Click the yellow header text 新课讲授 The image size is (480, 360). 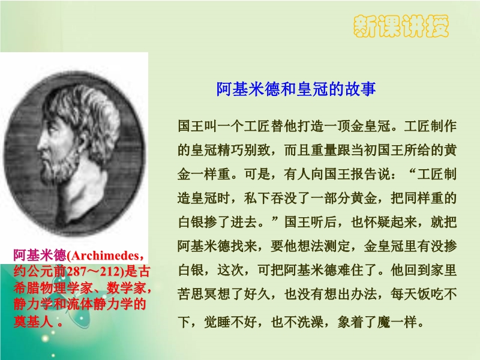pos(401,26)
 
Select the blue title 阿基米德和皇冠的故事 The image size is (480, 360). pos(296,89)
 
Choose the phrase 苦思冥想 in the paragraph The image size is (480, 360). pos(204,294)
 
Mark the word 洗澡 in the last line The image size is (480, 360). pos(310,322)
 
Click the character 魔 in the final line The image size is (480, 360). pos(383,322)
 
